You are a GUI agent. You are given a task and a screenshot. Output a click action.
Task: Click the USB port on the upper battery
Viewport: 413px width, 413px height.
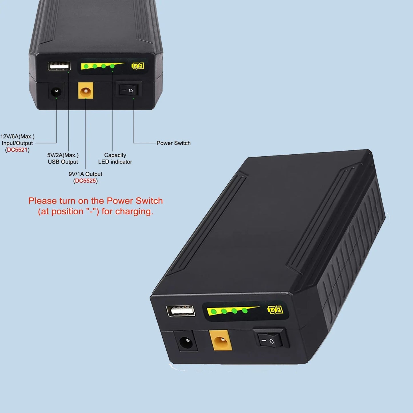(x=59, y=66)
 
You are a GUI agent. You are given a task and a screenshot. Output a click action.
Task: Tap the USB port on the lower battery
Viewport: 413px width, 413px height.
(x=181, y=311)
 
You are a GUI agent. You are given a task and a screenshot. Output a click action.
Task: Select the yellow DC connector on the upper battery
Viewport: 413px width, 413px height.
(x=85, y=91)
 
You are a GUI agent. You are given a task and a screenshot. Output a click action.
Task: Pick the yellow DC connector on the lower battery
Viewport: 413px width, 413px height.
(x=221, y=340)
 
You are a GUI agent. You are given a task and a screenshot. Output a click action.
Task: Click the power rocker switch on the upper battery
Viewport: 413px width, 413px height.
(x=128, y=90)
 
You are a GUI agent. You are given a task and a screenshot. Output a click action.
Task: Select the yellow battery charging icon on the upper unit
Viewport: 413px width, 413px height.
(x=138, y=66)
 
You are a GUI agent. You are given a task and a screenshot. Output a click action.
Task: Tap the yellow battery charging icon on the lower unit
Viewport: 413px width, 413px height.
(x=275, y=310)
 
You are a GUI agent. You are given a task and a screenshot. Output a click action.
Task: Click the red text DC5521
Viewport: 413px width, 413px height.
(x=17, y=150)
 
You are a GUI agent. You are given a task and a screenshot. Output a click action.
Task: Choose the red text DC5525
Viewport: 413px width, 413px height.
(x=85, y=181)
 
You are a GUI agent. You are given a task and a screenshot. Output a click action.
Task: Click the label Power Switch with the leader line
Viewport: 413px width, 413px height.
(x=173, y=143)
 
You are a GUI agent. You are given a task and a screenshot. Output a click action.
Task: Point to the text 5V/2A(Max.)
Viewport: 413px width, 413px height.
(x=63, y=155)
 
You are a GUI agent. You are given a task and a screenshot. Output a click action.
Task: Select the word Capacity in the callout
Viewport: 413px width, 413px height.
(x=115, y=155)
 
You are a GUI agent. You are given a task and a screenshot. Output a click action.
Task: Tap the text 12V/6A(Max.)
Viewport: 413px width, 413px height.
(x=17, y=137)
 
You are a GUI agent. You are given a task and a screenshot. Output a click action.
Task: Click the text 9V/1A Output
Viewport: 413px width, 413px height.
(x=85, y=174)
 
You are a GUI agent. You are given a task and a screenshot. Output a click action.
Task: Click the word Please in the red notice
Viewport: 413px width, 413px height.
(x=43, y=201)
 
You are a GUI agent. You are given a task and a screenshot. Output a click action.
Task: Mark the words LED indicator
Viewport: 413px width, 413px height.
(x=115, y=162)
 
